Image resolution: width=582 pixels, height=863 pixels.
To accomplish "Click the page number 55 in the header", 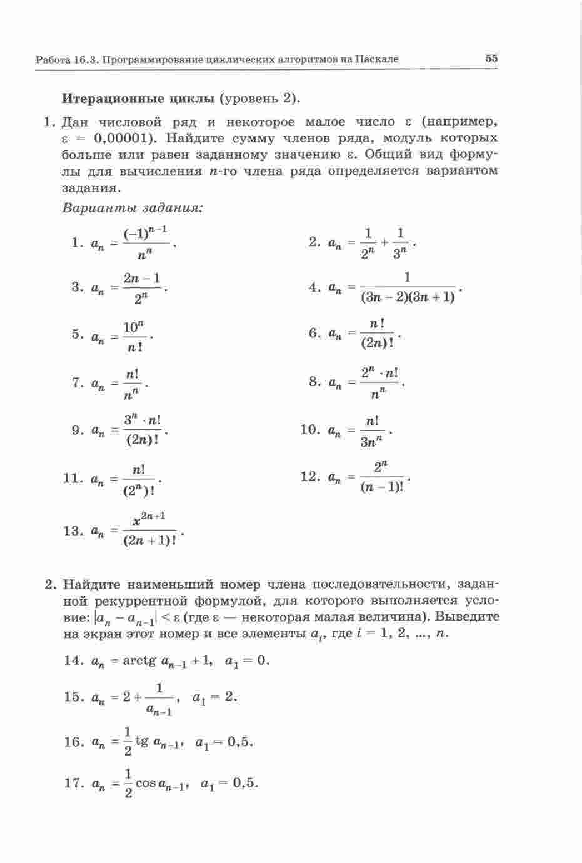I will coord(491,58).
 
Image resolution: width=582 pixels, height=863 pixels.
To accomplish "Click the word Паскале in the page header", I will coord(377,59).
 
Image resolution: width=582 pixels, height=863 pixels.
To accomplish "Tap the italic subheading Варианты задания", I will coord(133,207).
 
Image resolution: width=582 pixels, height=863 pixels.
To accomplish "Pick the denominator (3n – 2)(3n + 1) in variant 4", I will coord(407,297).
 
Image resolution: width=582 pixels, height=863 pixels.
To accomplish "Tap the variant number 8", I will coord(314,381).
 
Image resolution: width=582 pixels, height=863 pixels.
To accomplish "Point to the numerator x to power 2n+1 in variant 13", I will coord(149,518).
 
